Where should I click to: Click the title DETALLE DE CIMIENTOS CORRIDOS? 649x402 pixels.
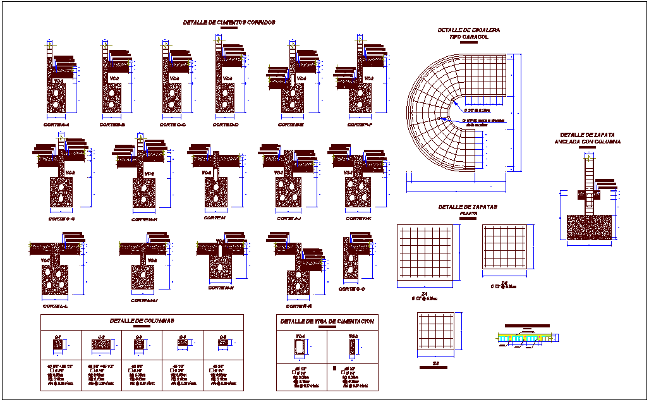tap(229, 22)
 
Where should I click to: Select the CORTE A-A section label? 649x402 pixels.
tap(58, 125)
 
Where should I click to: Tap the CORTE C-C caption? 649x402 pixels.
tap(173, 125)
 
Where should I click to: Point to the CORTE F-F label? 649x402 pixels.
tap(360, 125)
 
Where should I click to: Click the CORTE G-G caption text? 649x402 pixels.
tap(61, 219)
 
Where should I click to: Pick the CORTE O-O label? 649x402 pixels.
tap(352, 289)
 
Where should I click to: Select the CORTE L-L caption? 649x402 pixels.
tap(56, 306)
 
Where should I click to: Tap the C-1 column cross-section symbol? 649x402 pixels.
tap(58, 344)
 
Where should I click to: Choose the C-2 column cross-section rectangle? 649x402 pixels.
tap(101, 344)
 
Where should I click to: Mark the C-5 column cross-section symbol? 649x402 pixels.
tap(224, 343)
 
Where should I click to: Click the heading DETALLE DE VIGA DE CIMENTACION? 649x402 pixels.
tap(327, 321)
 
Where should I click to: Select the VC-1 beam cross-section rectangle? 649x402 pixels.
tap(301, 347)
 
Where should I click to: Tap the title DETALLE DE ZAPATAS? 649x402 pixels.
tap(468, 207)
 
